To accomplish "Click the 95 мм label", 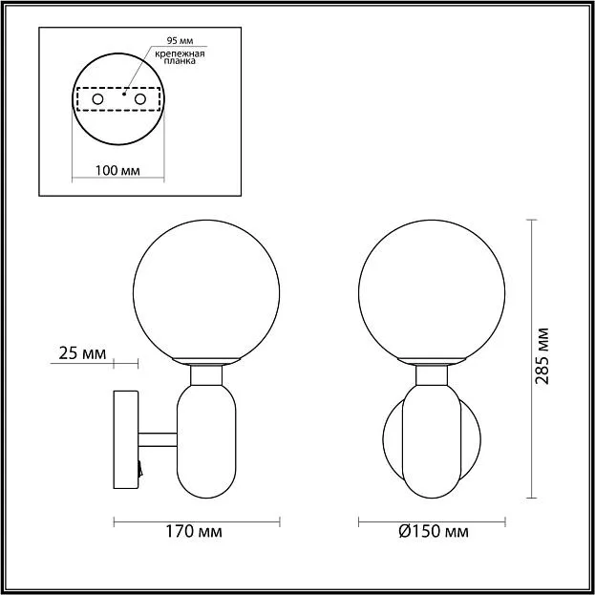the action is point(180,41).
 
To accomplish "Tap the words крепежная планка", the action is point(180,57).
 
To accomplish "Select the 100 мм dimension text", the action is point(117,171).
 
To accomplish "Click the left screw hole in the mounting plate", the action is point(97,99).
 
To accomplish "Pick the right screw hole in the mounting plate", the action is point(140,99).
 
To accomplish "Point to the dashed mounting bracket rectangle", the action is point(118,88).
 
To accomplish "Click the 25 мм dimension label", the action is point(82,353).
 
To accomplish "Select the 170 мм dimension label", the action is point(194,532).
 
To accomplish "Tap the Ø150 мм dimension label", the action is point(434,532).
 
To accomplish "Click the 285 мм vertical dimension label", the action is point(542,355).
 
